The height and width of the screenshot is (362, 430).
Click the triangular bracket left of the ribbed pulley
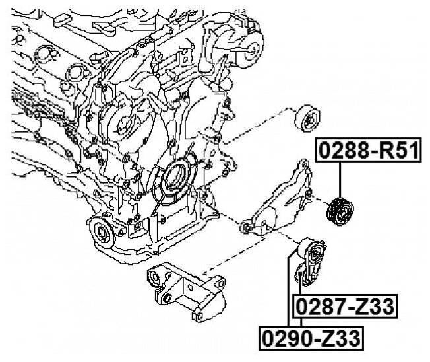(x=280, y=201)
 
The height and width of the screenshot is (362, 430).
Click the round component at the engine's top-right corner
(x=253, y=46)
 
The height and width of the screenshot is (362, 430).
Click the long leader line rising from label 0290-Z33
(x=288, y=291)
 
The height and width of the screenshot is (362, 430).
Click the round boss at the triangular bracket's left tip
(x=245, y=228)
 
